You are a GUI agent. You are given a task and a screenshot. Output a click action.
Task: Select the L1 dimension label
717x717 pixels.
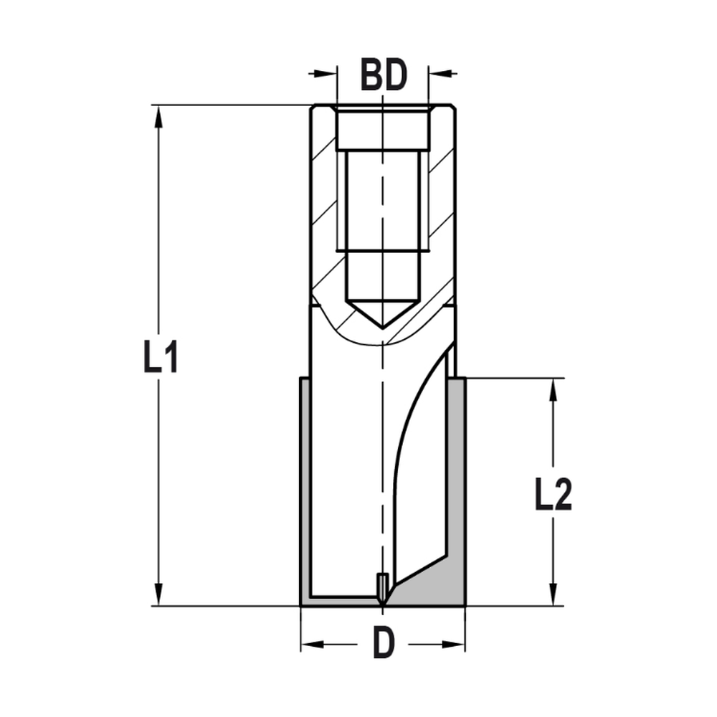[x=161, y=357]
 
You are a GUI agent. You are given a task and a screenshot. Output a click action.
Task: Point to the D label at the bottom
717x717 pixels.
[x=384, y=644]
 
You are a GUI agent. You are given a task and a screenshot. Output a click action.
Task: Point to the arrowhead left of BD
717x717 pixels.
[x=327, y=72]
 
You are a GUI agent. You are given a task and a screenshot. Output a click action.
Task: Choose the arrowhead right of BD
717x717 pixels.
[x=438, y=72]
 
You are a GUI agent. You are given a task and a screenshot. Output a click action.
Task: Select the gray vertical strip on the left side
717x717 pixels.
[x=305, y=488]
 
